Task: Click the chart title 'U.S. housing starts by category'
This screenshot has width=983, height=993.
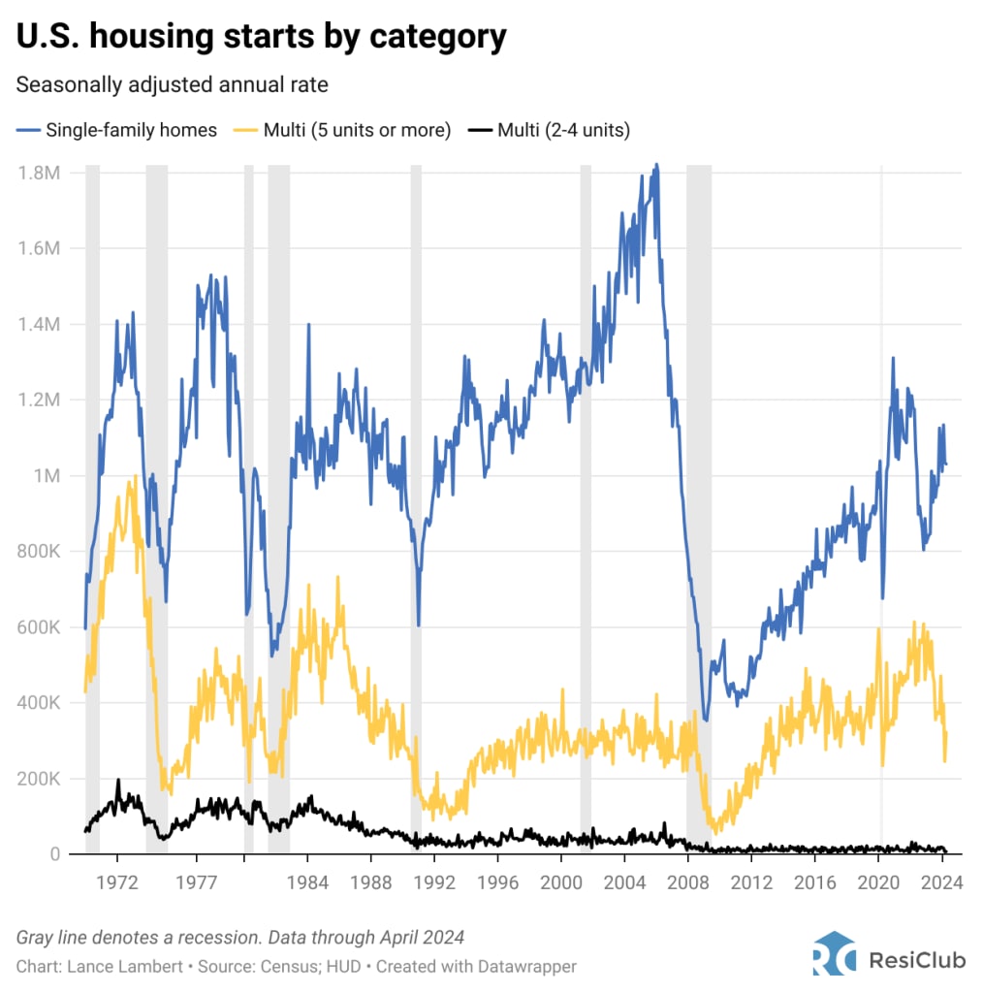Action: click(261, 37)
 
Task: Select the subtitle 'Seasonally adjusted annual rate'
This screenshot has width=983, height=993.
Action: click(172, 85)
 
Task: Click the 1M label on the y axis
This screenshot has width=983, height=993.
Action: click(46, 476)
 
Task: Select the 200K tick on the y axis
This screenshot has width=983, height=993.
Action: click(40, 779)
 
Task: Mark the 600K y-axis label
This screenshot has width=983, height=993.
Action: click(40, 627)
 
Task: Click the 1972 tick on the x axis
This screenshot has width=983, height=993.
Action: click(117, 883)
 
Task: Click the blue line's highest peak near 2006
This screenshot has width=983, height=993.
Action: click(656, 166)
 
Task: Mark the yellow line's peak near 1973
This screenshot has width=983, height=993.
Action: click(134, 476)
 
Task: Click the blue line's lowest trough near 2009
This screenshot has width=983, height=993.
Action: click(707, 720)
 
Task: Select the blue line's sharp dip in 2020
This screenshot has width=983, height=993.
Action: click(882, 598)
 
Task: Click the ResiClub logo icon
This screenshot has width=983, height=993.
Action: click(834, 952)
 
